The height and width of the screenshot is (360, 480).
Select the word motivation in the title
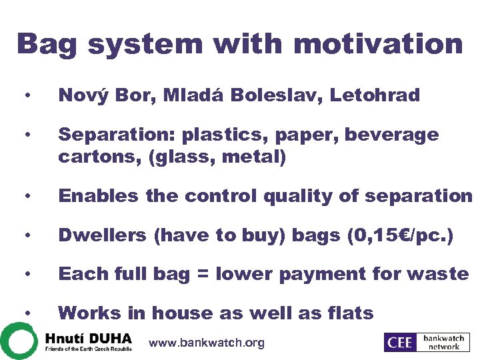click(x=378, y=45)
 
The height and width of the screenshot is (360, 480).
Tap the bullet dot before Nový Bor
click(x=26, y=96)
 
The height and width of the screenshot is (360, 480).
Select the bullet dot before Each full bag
click(x=26, y=275)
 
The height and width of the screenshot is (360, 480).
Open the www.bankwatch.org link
click(x=207, y=343)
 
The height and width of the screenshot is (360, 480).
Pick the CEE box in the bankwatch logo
click(x=399, y=342)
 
